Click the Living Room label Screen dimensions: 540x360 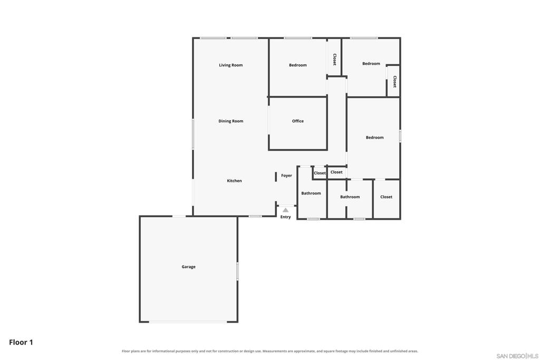tap(231, 65)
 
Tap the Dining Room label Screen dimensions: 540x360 tap(231, 121)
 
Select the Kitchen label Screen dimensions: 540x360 tap(234, 181)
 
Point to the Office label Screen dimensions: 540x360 tap(298, 121)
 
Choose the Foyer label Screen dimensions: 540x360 tap(286, 176)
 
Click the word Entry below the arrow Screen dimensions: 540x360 tap(285, 217)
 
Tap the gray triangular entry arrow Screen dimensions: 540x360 tap(285, 210)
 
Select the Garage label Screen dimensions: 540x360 tap(188, 267)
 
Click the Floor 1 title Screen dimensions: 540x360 tap(21, 342)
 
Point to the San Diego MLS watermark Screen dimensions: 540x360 tap(517, 356)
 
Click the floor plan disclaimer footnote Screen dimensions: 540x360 tap(269, 351)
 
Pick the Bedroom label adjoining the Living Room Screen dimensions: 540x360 tap(298, 65)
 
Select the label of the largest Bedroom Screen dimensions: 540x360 tap(375, 138)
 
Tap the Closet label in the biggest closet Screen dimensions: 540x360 tap(387, 197)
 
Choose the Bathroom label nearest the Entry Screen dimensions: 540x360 tap(311, 193)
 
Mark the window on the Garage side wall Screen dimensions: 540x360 tap(237, 271)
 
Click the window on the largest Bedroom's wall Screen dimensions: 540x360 tap(400, 135)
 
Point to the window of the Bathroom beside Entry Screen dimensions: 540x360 tap(313, 219)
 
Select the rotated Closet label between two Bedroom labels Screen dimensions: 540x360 tap(334, 59)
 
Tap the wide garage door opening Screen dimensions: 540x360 tap(188, 322)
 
